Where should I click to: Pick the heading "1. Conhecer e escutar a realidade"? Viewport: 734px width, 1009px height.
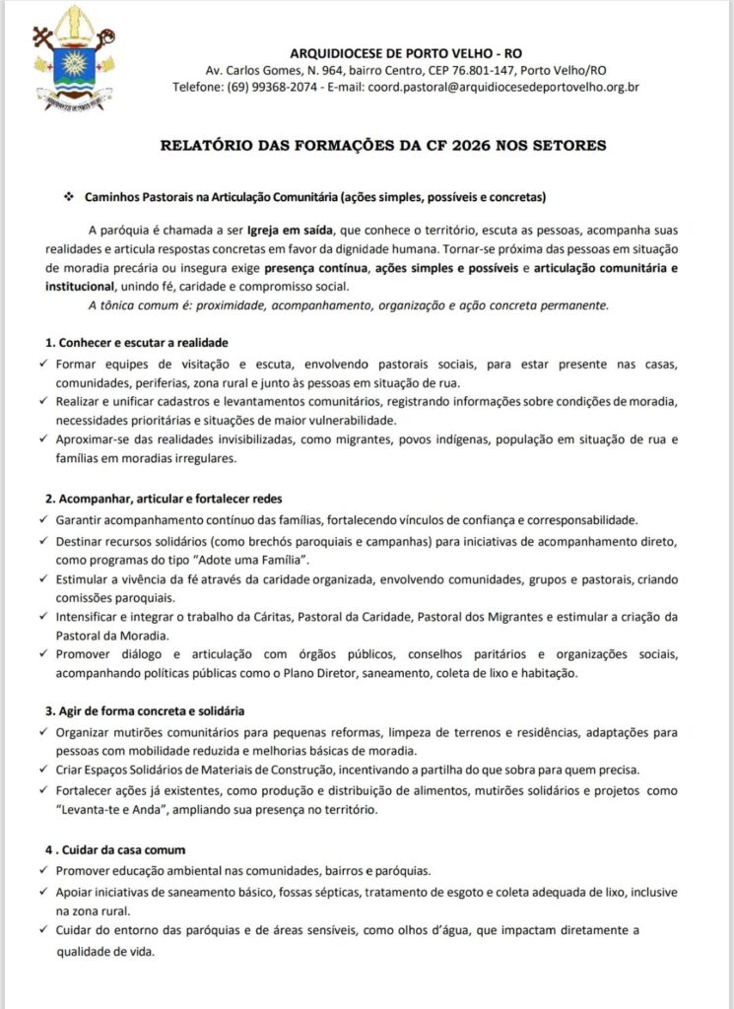(137, 342)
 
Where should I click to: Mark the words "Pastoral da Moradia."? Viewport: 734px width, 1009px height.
(106, 635)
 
